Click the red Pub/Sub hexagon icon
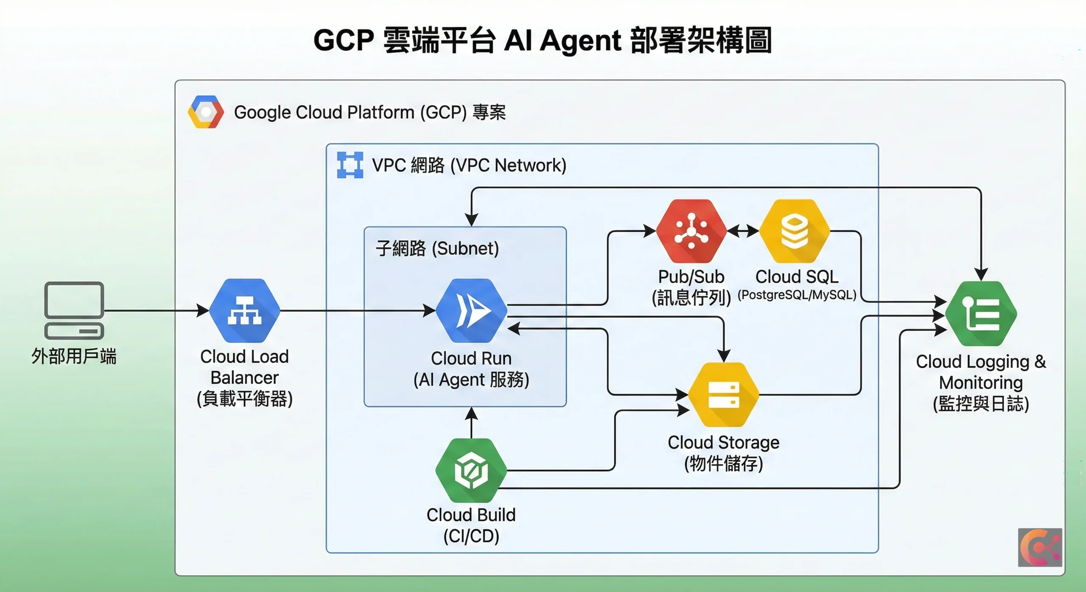pos(691,231)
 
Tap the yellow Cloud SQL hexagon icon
pos(795,231)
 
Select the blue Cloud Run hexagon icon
pos(471,310)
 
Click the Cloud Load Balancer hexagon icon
pos(245,310)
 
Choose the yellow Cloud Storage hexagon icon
pos(723,394)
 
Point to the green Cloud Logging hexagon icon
pos(981,314)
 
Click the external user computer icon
pos(74,310)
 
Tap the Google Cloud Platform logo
pos(206,112)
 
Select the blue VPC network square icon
pos(350,165)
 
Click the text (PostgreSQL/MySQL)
pos(797,295)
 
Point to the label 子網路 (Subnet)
pos(437,249)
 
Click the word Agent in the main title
pos(580,41)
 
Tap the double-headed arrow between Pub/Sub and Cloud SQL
pos(743,231)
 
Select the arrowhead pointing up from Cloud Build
pos(471,413)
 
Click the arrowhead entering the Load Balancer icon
pos(203,310)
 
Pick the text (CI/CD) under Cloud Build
pos(471,536)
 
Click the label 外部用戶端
pos(74,356)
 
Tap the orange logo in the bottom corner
pos(1040,547)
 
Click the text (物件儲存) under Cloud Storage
pos(723,463)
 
